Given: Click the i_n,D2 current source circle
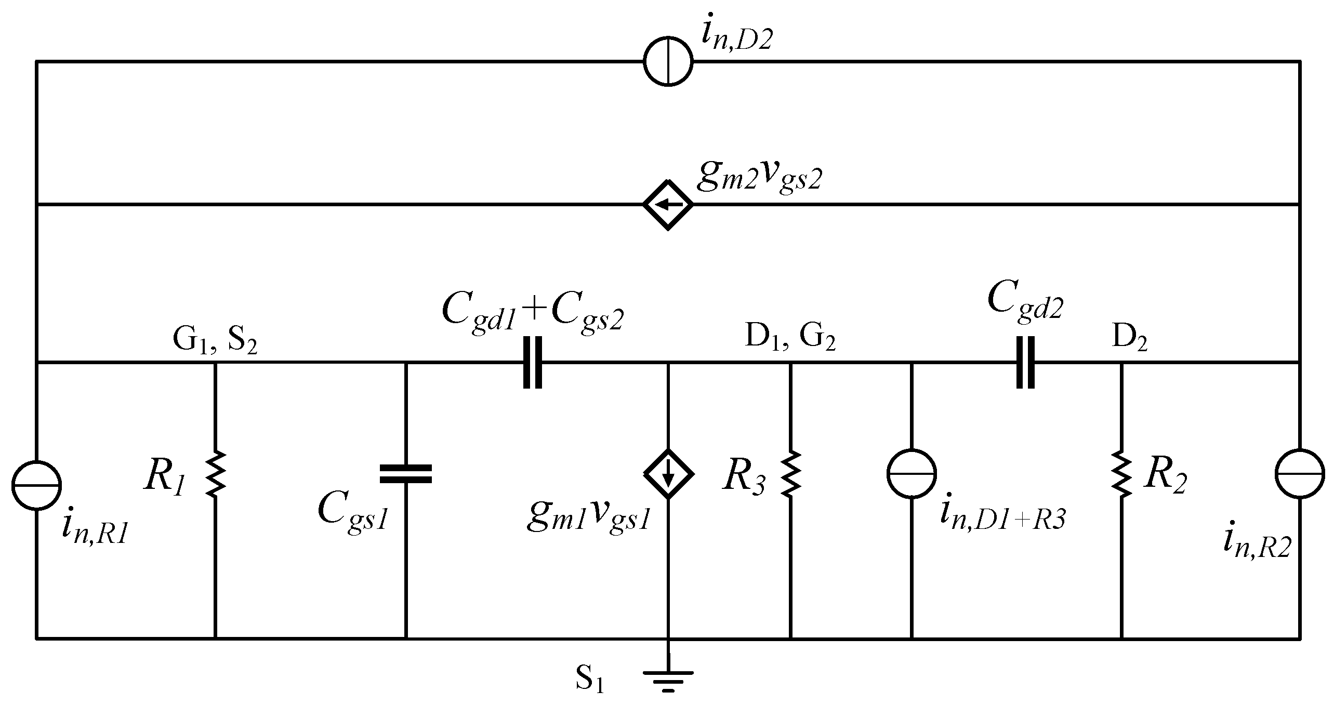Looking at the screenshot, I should point(668,61).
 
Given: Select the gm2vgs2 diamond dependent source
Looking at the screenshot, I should point(668,204).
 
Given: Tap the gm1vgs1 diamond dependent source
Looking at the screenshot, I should point(668,473).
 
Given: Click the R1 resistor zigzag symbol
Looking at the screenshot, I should point(215,473).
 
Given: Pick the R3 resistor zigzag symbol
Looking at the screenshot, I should point(790,473).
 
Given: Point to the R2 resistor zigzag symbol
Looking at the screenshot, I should point(1121,473).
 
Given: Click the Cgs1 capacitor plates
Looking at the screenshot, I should point(406,473).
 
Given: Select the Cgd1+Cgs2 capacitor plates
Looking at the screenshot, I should point(532,362).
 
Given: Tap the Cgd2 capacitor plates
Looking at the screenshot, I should point(1025,362).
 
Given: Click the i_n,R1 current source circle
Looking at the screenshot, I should point(36,485).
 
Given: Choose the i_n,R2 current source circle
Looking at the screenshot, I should point(1300,473).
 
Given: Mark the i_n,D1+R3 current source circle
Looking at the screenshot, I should point(912,473).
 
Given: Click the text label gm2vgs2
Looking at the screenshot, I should point(760,179).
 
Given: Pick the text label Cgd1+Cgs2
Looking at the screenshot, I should point(533,313).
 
